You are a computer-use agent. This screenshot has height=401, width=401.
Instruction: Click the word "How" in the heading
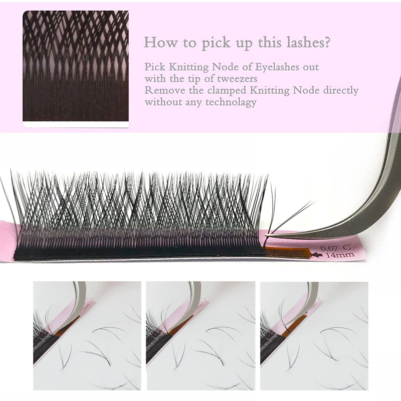coord(161,42)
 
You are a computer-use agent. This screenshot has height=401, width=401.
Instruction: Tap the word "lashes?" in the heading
coord(308,42)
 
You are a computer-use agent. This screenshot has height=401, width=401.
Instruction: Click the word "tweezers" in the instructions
coord(237,79)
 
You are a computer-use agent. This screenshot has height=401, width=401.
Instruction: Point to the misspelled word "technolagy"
coord(231,102)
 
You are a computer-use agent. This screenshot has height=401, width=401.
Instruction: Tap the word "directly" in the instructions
coord(341,91)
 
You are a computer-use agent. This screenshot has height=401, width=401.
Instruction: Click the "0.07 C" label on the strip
coord(336,247)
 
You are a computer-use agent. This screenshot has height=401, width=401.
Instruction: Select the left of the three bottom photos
coord(87,336)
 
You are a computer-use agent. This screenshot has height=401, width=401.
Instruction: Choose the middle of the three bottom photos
coord(200,336)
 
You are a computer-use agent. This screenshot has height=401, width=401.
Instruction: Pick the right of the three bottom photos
coord(314,336)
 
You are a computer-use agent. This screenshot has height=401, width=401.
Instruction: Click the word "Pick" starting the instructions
coord(155,67)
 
